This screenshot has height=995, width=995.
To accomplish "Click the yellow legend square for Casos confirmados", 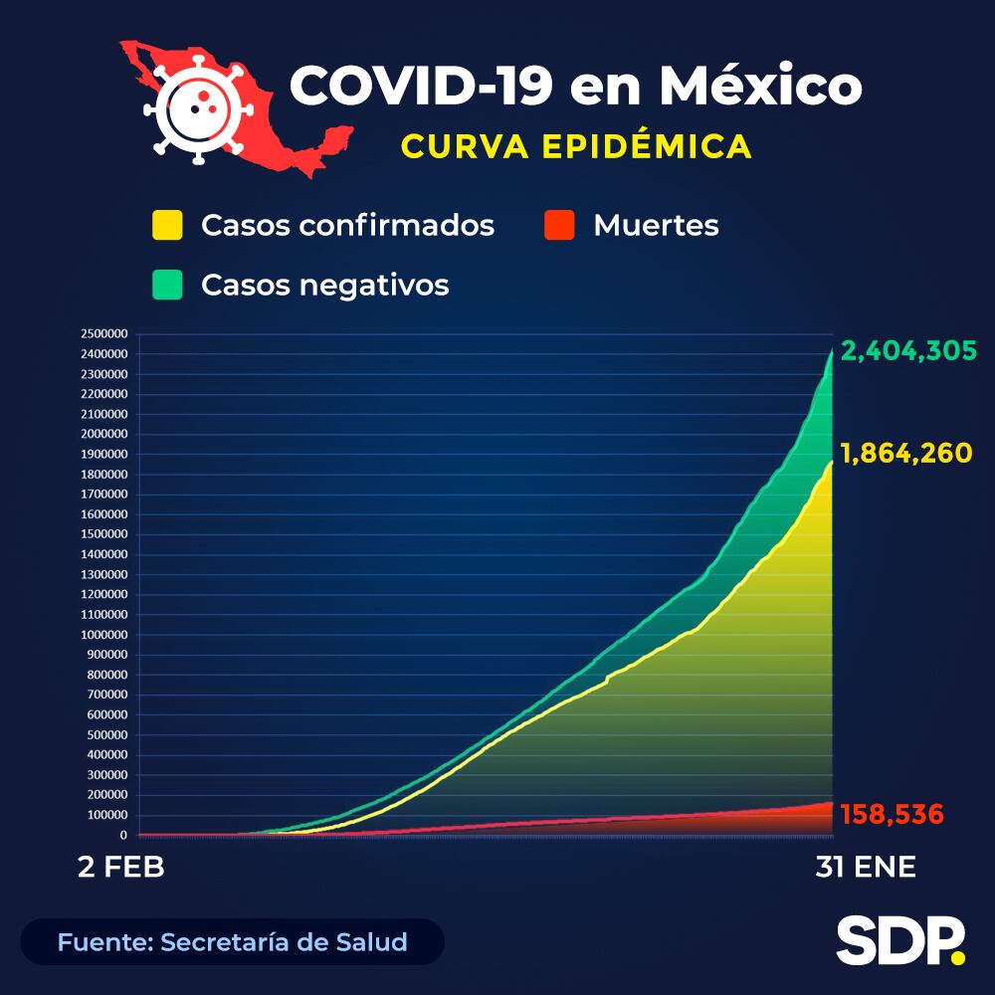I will pyautogui.click(x=167, y=225).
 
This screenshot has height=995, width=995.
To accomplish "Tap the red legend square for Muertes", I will pyautogui.click(x=559, y=225).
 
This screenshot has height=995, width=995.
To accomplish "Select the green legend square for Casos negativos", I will pyautogui.click(x=167, y=285).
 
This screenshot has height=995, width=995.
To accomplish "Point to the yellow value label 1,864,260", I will pyautogui.click(x=906, y=454).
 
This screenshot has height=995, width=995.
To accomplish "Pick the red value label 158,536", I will pyautogui.click(x=892, y=814).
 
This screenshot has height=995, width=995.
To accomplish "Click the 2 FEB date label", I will pyautogui.click(x=121, y=867).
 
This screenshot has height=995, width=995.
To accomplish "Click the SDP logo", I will pyautogui.click(x=900, y=940).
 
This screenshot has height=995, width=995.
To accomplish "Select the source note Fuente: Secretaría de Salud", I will pyautogui.click(x=232, y=941).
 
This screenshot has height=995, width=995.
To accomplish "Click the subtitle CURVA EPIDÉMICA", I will pyautogui.click(x=576, y=146).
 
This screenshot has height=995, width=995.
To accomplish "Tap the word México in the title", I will pyautogui.click(x=760, y=87).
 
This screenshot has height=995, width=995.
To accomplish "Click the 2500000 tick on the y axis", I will pyautogui.click(x=104, y=334).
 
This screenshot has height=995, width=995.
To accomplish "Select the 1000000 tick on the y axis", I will pyautogui.click(x=104, y=635).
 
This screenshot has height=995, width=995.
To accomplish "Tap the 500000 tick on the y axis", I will pyautogui.click(x=107, y=735).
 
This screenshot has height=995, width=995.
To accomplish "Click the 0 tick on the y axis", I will pyautogui.click(x=123, y=836).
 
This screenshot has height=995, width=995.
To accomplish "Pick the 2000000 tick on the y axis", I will pyautogui.click(x=104, y=435).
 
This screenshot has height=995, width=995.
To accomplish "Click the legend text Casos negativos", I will pyautogui.click(x=324, y=285).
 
